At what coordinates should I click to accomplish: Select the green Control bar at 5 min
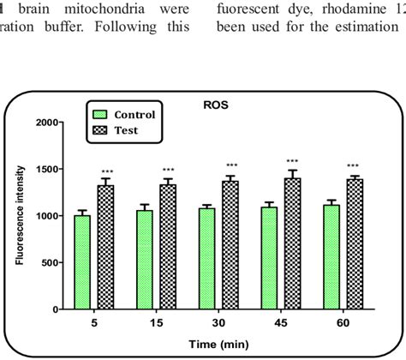pyautogui.click(x=82, y=261)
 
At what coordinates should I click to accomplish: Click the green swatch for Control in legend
pyautogui.click(x=101, y=114)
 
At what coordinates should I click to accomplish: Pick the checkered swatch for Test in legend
pyautogui.click(x=101, y=131)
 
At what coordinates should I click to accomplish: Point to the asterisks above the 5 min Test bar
pyautogui.click(x=106, y=171)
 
